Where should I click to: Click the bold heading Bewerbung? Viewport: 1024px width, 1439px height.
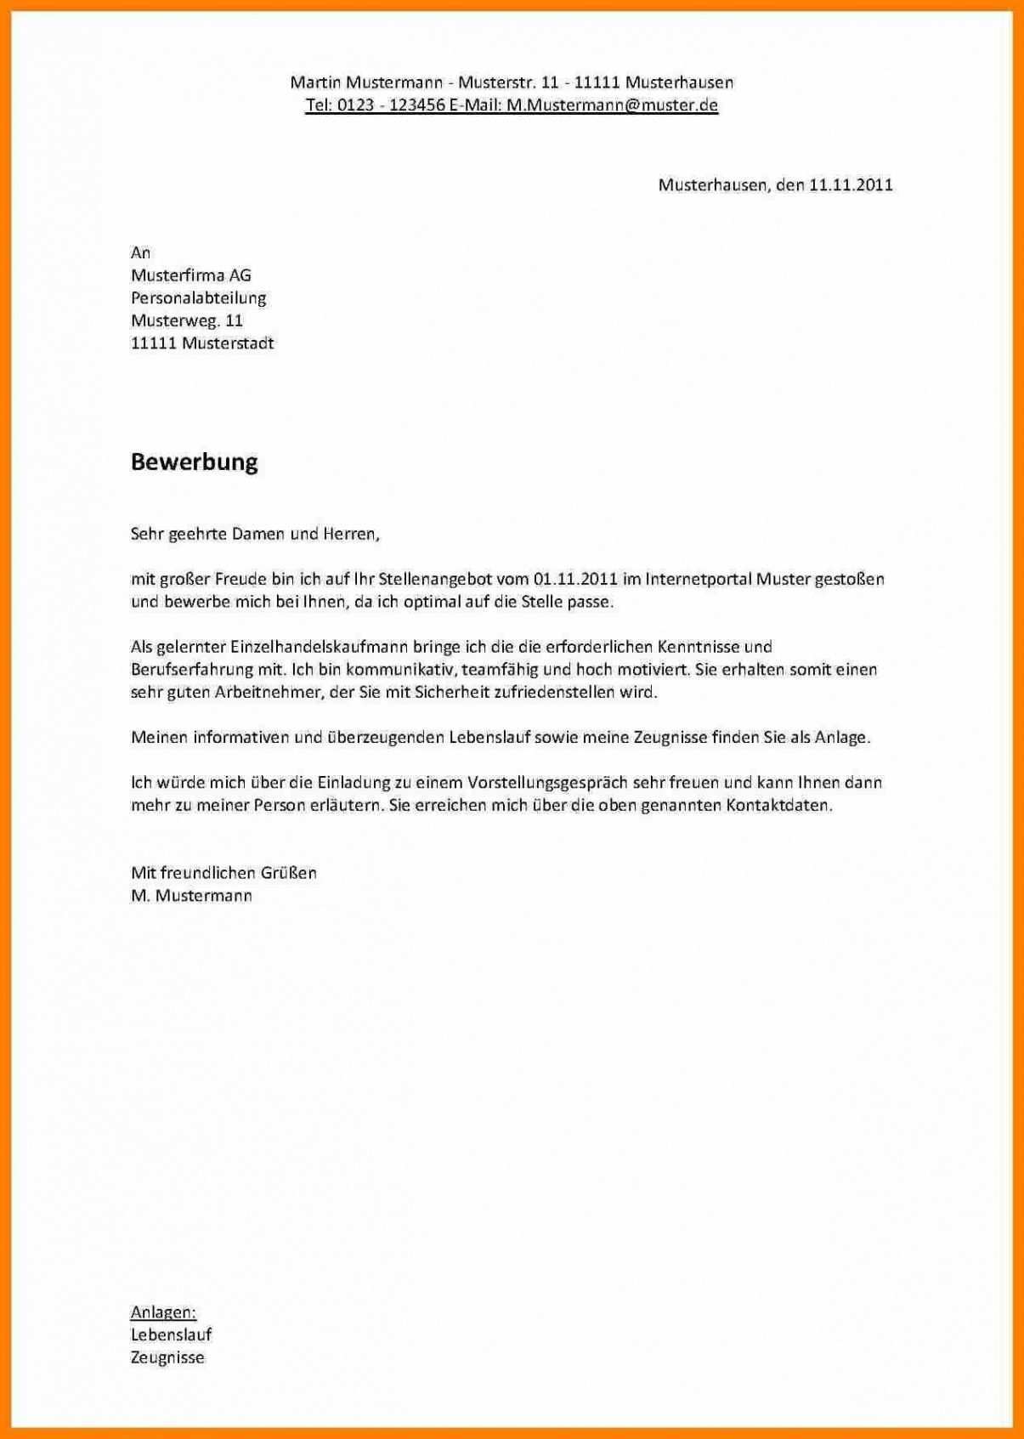click(x=194, y=462)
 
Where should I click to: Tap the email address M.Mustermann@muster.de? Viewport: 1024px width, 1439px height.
click(x=612, y=105)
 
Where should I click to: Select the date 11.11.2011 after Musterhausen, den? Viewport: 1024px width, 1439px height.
click(x=851, y=185)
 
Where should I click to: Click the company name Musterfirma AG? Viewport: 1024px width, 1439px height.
click(x=190, y=275)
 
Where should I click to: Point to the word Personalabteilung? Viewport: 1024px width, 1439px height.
click(x=198, y=298)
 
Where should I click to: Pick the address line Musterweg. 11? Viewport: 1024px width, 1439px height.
click(x=186, y=321)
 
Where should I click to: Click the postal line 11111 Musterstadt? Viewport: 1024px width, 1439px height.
click(x=202, y=344)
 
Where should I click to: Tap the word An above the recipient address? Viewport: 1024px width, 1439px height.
click(x=140, y=252)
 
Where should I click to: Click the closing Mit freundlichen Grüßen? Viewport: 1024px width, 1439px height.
click(x=223, y=873)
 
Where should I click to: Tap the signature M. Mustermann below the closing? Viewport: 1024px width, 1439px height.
click(x=191, y=896)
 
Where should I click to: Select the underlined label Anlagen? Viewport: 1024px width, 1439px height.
click(x=163, y=1312)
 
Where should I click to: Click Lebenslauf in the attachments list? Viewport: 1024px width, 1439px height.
click(x=171, y=1335)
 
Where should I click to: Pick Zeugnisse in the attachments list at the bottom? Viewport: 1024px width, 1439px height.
click(x=167, y=1358)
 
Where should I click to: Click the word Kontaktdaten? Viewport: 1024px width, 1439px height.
click(x=778, y=806)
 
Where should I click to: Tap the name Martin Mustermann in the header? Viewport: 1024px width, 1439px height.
click(x=366, y=82)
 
